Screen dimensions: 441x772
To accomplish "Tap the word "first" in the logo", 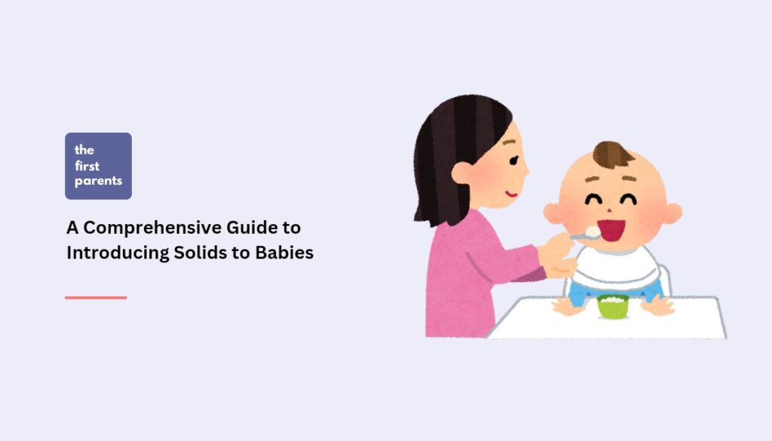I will [x=87, y=166].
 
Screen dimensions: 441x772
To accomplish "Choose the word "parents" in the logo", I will [x=98, y=181].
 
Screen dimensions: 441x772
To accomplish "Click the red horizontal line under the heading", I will [x=96, y=298].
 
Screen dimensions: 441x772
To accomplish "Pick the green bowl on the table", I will [x=613, y=305].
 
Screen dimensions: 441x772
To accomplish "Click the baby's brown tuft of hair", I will [x=612, y=155].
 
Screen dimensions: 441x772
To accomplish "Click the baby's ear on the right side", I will [x=672, y=213].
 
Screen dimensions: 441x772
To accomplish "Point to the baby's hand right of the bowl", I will [x=659, y=305].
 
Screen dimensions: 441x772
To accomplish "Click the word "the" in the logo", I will [x=84, y=150].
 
